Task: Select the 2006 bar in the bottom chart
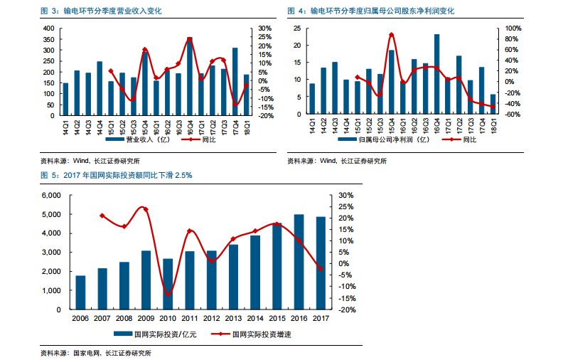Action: (80, 292)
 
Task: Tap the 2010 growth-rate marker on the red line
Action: (168, 295)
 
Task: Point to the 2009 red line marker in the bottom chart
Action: (146, 209)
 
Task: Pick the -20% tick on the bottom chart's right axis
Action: (348, 310)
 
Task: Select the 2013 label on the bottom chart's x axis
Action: (233, 319)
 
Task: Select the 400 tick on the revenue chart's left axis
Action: (48, 28)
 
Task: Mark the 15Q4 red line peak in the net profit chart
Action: (392, 34)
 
